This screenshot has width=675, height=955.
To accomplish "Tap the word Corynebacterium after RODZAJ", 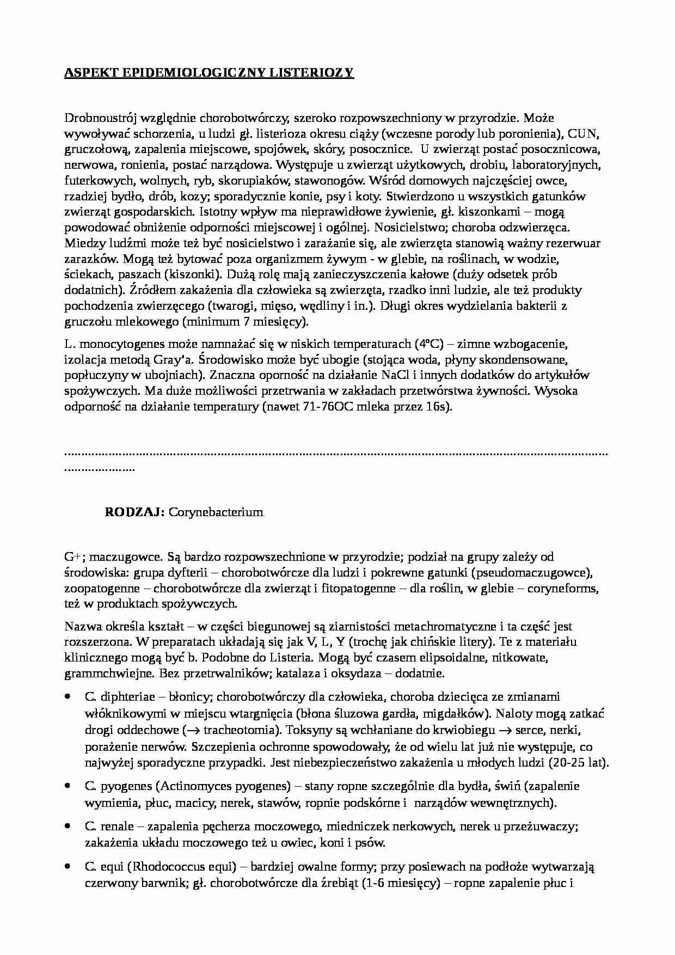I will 216,512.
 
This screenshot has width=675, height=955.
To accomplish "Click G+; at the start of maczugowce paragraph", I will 73,556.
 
